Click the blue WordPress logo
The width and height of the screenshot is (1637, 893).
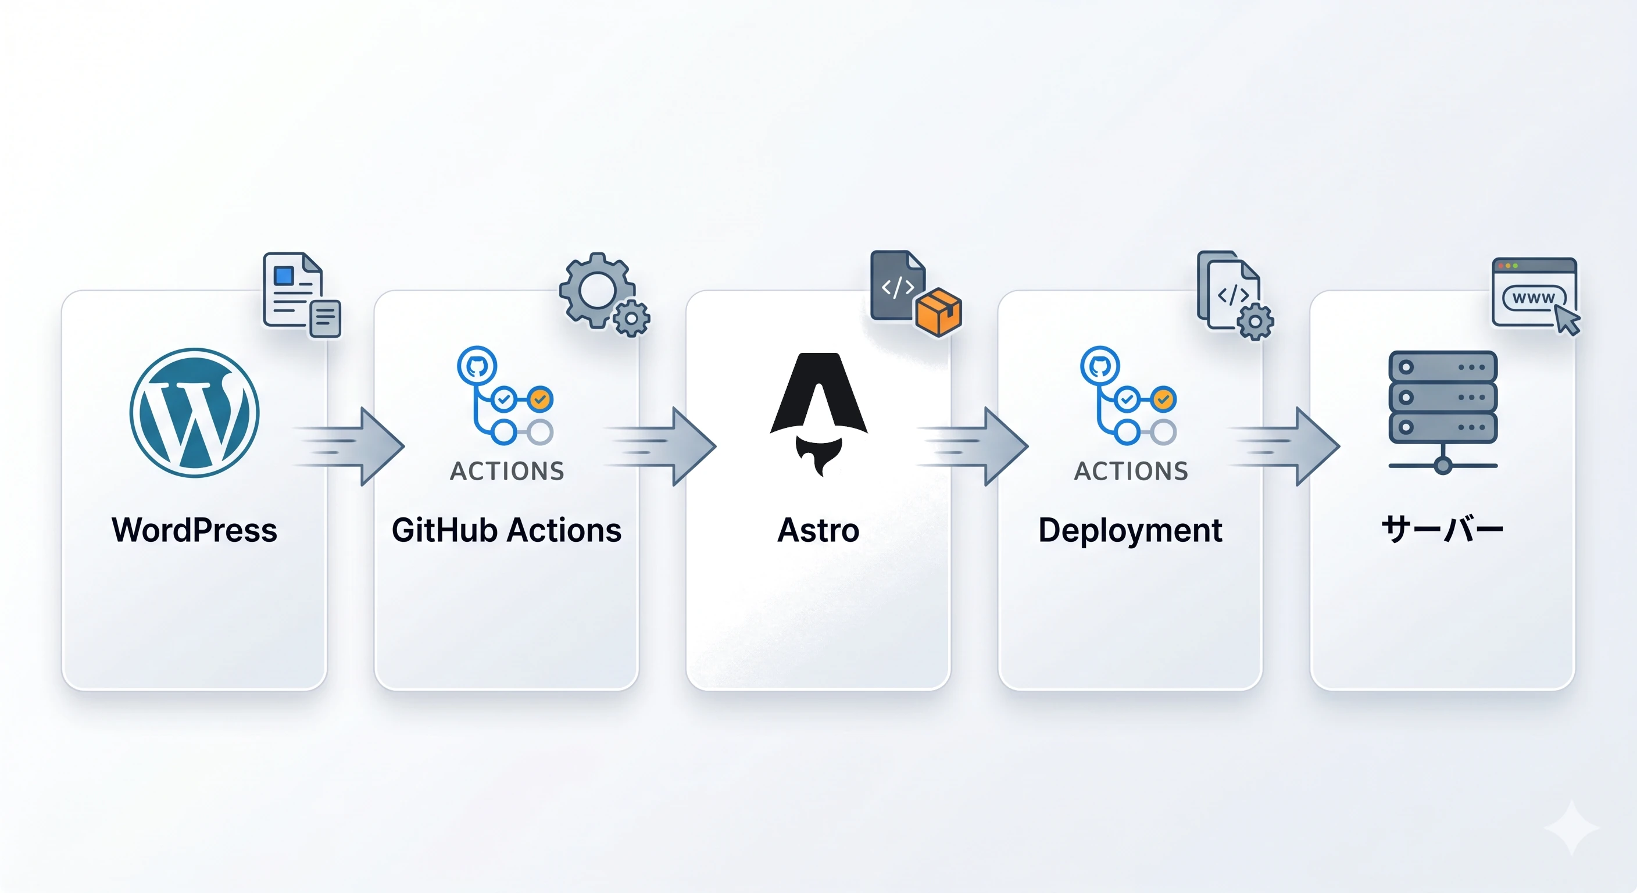pos(195,413)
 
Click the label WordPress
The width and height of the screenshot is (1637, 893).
pos(195,530)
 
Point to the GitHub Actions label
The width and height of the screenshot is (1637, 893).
pos(506,530)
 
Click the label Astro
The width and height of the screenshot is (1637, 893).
pos(818,530)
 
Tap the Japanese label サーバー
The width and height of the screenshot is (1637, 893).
pos(1442,530)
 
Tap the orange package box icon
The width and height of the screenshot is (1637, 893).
pos(939,312)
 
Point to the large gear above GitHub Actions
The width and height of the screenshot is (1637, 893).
pos(596,291)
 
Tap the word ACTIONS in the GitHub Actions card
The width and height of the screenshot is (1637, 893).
pos(507,471)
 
